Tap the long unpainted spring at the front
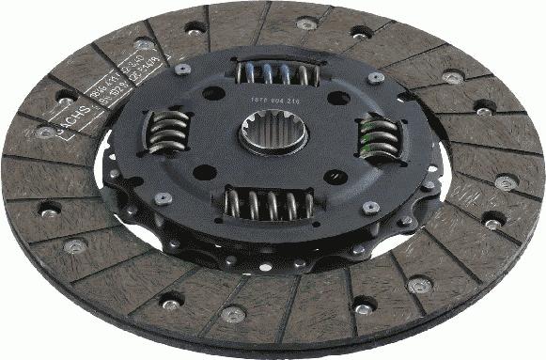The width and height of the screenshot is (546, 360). [x=269, y=204]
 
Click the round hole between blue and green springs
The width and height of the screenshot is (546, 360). [x=335, y=97]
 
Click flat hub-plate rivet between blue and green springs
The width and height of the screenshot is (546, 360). [x=376, y=78]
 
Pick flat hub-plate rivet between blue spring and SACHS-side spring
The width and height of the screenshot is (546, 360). [x=183, y=69]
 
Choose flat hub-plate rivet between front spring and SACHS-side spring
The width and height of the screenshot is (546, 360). [x=164, y=198]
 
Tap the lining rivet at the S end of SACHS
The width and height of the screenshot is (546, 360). [x=45, y=133]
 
